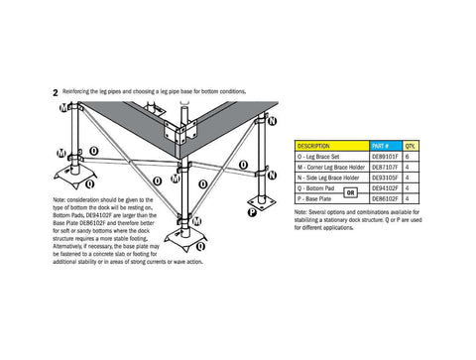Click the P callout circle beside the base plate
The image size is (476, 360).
tap(253, 212)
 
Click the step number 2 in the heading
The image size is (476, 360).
tap(56, 92)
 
